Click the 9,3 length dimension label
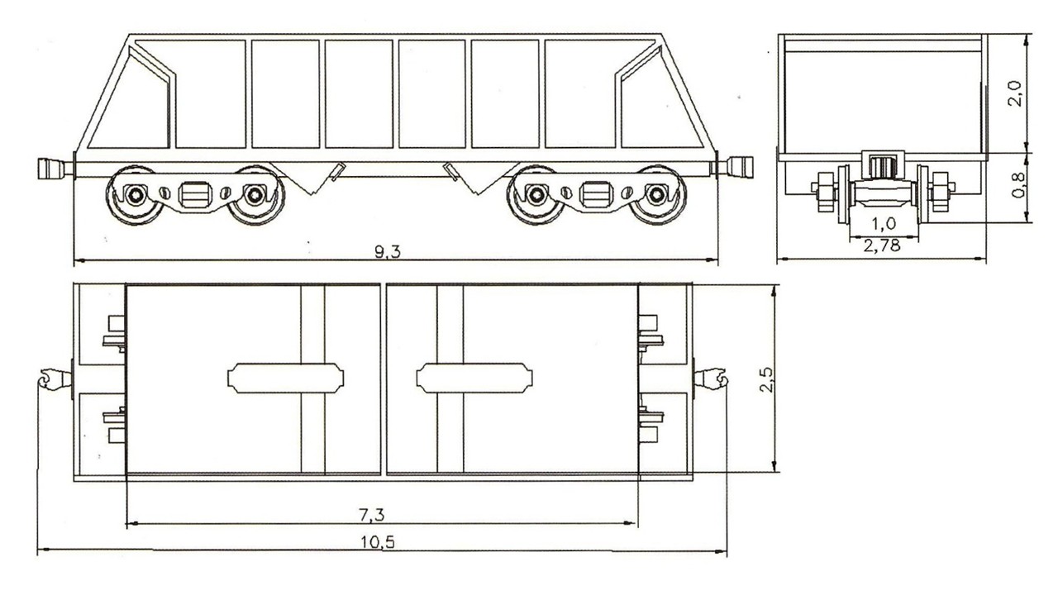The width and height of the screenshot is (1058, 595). pos(388,252)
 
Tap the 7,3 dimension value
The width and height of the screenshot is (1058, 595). pos(372,515)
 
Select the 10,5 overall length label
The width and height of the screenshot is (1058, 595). pos(378,542)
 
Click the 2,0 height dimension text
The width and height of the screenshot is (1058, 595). pos(1014,93)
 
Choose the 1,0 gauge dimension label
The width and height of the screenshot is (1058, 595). pos(884,223)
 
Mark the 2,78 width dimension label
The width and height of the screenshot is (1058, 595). pos(882,245)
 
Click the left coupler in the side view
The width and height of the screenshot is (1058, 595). pos(55,169)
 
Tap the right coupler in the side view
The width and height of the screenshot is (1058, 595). pos(735,167)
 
